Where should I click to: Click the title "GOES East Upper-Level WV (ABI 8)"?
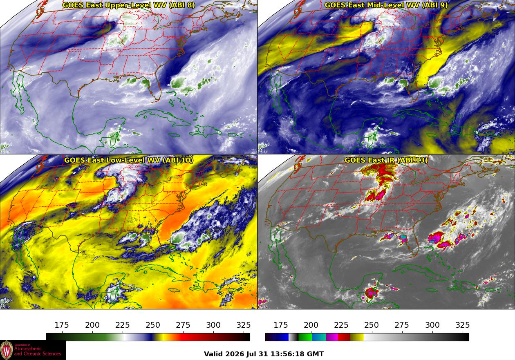coord(129,5)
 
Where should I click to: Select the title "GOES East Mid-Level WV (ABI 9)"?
coord(386,5)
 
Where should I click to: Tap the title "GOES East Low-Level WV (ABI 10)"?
coord(129,160)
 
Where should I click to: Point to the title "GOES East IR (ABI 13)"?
coord(386,160)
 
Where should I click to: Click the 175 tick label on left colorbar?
coord(62,325)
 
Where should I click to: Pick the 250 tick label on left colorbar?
coord(153,325)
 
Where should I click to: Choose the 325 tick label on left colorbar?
coord(244,325)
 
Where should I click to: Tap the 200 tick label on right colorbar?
coord(311,325)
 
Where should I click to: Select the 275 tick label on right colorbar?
coord(402,325)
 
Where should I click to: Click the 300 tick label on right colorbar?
coord(432,325)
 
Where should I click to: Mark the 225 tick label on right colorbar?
coord(341,325)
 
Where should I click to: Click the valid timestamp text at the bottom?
coord(264,354)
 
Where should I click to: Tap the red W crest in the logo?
coord(7,350)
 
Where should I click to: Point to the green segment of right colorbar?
coord(305,337)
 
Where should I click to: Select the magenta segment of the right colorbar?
coord(332,337)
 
